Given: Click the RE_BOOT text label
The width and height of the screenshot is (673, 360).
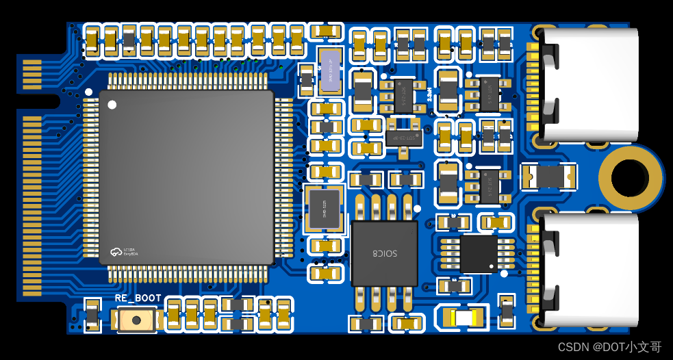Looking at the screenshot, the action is (138, 298).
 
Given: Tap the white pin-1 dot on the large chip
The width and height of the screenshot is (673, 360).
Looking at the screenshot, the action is (113, 105).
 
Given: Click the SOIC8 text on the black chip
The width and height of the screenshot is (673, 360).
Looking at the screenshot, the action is (384, 253).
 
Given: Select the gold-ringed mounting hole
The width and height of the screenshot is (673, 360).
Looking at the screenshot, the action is (630, 178).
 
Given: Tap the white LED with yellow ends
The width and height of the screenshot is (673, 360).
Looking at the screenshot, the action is (463, 318).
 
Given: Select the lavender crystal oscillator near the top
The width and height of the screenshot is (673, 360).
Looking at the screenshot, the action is (331, 70).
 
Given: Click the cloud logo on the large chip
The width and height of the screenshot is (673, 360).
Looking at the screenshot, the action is (114, 253).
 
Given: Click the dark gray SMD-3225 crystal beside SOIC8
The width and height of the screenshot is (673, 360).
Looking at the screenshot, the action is (323, 207).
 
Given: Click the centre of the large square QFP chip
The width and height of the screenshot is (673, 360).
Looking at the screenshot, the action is (186, 177).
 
